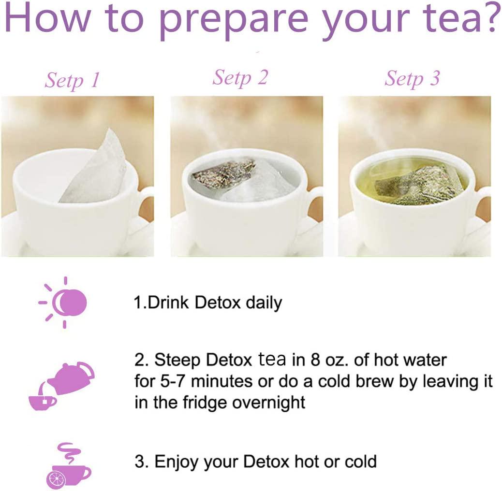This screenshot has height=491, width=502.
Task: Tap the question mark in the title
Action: point(489,18)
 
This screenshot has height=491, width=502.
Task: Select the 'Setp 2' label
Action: point(240,77)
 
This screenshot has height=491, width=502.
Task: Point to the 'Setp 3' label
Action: point(412,78)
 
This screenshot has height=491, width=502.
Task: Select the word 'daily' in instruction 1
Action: point(264,303)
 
